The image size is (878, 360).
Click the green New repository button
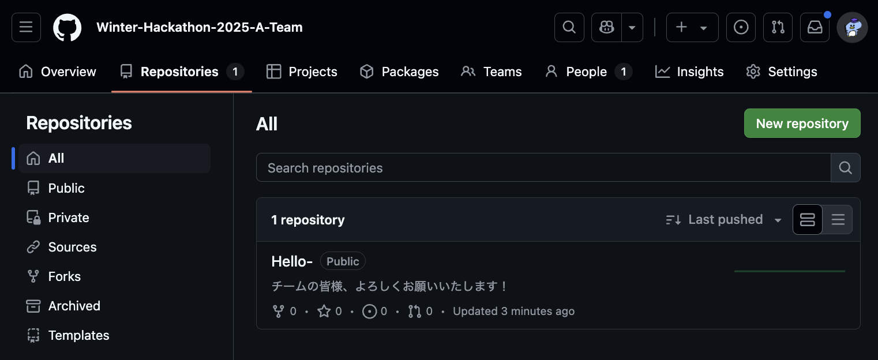pos(802,123)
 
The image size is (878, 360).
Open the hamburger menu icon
pos(26,27)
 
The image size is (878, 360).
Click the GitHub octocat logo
pos(67,27)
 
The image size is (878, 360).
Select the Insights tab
pos(689,72)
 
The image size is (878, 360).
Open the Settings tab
pos(782,72)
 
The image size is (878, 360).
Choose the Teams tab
pos(491,72)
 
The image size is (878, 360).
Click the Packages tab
pos(399,72)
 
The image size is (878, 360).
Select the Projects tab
pos(302,72)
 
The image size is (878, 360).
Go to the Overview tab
pos(58,72)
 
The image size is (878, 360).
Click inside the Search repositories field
pos(542,168)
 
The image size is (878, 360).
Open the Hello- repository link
pos(292,261)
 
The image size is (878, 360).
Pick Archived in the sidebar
pos(74,306)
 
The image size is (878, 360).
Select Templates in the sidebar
pos(78,335)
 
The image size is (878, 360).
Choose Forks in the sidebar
pos(64,276)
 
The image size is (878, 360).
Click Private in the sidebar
pos(69,217)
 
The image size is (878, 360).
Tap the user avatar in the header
pos(852,27)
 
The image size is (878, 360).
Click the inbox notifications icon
pos(815,27)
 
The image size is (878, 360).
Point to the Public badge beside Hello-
pos(343,261)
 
